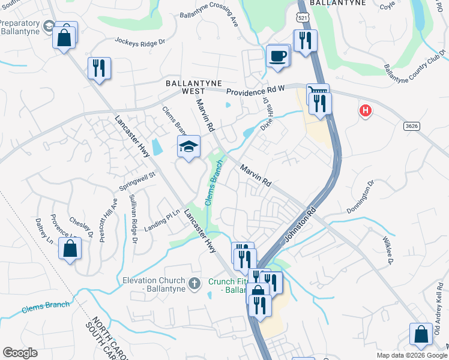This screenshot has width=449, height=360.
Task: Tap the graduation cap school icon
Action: click(188, 146)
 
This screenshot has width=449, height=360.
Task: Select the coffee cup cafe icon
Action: click(277, 56)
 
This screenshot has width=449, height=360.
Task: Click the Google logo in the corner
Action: click(20, 353)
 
